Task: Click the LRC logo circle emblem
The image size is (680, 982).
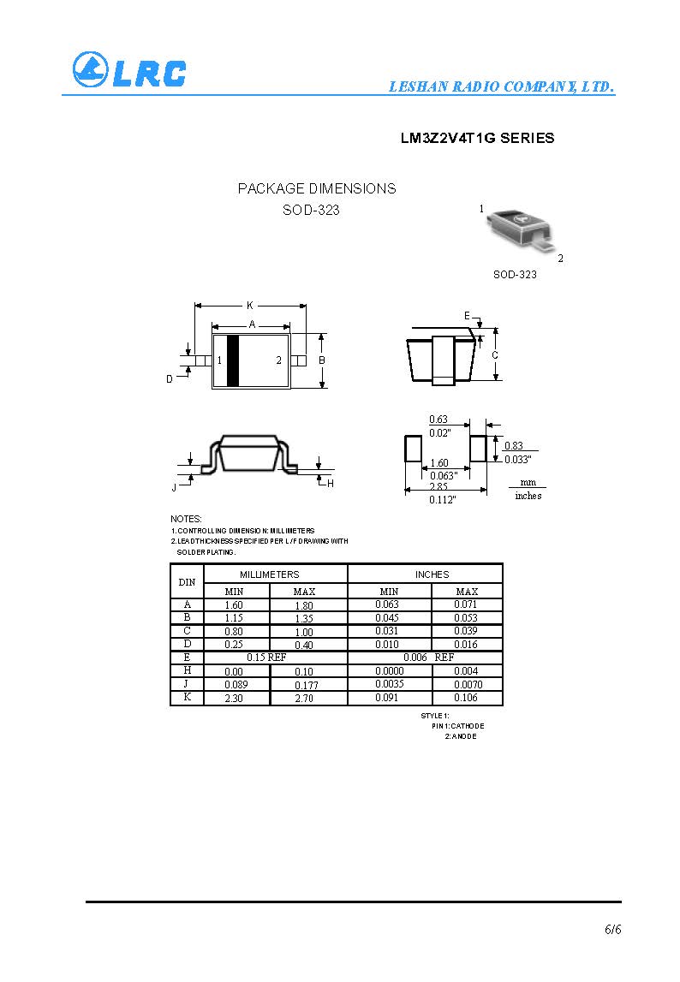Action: coord(91,69)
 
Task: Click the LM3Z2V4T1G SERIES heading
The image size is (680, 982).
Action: coord(478,138)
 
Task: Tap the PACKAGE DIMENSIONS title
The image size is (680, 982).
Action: coord(317,188)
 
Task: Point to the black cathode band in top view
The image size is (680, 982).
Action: coord(232,360)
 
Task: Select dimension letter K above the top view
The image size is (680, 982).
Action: coord(250,306)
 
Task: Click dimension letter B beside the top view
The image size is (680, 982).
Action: coord(322,360)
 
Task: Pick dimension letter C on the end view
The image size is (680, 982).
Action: coord(495,355)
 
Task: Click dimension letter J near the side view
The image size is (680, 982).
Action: coord(174,487)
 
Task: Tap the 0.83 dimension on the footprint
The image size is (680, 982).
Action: coord(513,445)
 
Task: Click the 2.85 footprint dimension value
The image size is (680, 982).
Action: coord(438,486)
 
